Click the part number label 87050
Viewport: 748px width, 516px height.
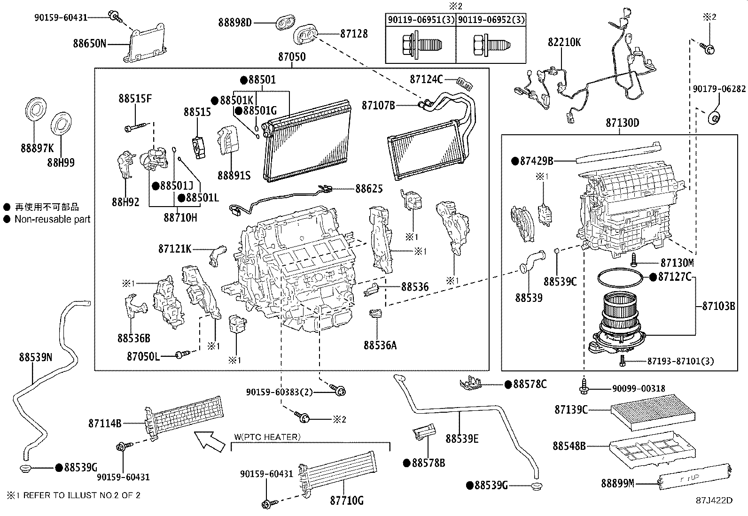tap(291, 57)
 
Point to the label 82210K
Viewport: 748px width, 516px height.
tap(564, 42)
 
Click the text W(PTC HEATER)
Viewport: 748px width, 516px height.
tap(266, 437)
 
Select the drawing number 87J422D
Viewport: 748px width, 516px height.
tap(714, 501)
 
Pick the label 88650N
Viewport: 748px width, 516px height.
tap(89, 44)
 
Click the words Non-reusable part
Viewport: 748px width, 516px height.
tap(52, 219)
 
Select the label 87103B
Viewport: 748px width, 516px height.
tap(718, 306)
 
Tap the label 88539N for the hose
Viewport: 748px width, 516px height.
tap(36, 357)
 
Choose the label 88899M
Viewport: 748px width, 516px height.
tap(617, 483)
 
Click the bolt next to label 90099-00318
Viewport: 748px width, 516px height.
tap(584, 387)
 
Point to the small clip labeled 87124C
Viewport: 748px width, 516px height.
tap(466, 85)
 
